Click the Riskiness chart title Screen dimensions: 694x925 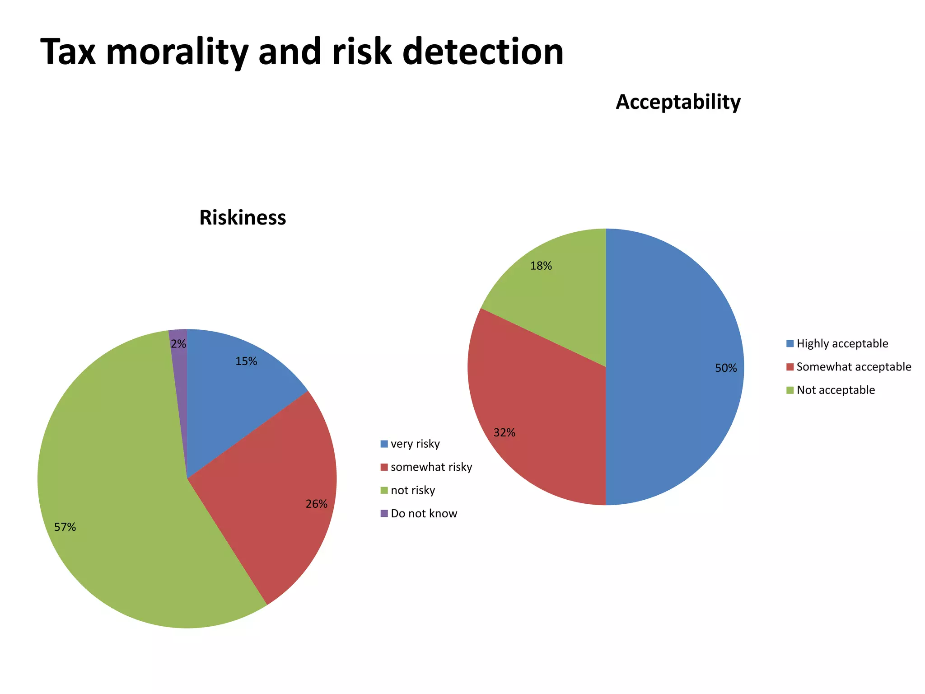243,218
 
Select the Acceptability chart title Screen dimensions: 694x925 678,102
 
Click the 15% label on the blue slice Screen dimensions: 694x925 246,361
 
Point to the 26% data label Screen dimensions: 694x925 316,504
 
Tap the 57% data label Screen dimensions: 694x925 65,527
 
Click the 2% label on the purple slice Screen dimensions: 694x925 178,344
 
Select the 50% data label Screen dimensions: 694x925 726,368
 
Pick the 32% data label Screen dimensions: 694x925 504,433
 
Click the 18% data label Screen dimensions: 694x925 541,266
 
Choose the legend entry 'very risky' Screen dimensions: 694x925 415,444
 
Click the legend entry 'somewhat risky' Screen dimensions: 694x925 431,467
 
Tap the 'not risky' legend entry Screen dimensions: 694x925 412,491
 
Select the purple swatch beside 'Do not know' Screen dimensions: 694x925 384,514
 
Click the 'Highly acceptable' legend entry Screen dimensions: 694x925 842,344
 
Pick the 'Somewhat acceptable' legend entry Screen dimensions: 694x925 853,367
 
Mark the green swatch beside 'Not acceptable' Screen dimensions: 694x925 790,390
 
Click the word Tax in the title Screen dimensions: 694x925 68,52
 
